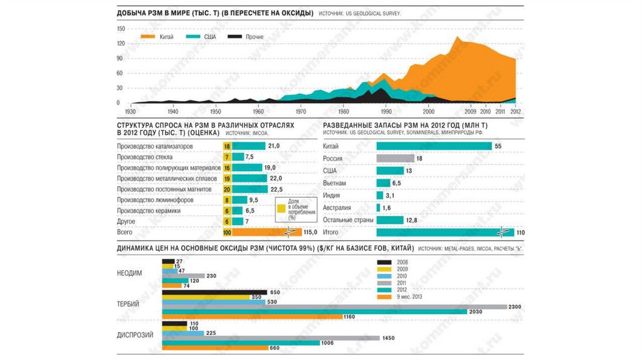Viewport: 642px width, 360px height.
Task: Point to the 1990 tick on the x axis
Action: pyautogui.click(x=386, y=112)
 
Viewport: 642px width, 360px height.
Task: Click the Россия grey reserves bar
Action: pyautogui.click(x=395, y=159)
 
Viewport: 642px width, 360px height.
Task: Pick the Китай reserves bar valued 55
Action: pyautogui.click(x=434, y=146)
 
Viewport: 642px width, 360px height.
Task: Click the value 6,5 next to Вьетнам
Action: pyautogui.click(x=396, y=183)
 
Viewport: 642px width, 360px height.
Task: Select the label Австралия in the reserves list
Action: pyautogui.click(x=337, y=208)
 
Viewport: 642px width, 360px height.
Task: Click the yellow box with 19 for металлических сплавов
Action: pyautogui.click(x=227, y=179)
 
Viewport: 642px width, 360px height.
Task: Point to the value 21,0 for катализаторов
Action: pyautogui.click(x=273, y=146)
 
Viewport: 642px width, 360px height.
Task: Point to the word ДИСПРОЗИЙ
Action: pyautogui.click(x=135, y=335)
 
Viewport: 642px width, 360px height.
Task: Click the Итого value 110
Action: pyautogui.click(x=520, y=233)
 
